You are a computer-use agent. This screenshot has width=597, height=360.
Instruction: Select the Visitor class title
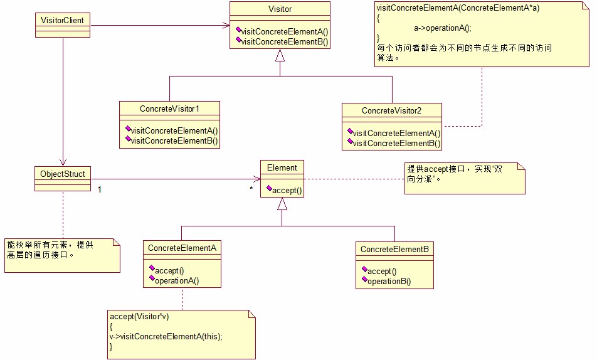tap(279, 9)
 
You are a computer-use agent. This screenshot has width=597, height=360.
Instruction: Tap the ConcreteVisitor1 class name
tap(169, 109)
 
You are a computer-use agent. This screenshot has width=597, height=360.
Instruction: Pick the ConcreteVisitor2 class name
tap(391, 110)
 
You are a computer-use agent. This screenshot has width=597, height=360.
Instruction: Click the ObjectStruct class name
tap(62, 173)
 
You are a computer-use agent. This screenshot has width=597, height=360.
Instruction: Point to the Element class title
tap(282, 167)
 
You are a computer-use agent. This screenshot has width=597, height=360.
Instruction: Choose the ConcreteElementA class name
tap(182, 248)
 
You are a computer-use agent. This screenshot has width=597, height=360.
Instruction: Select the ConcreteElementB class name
tap(394, 250)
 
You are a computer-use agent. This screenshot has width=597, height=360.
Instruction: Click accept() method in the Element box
tap(287, 190)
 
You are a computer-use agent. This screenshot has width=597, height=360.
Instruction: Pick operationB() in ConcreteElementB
tap(389, 282)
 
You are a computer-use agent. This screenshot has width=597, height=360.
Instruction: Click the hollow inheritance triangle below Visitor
tap(280, 55)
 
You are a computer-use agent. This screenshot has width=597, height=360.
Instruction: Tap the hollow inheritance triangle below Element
tap(282, 203)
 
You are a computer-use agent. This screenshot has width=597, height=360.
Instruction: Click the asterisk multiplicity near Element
tap(251, 188)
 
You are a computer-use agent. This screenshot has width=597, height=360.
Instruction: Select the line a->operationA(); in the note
tap(442, 28)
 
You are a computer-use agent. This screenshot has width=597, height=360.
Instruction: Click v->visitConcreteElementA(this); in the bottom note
tap(166, 336)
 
